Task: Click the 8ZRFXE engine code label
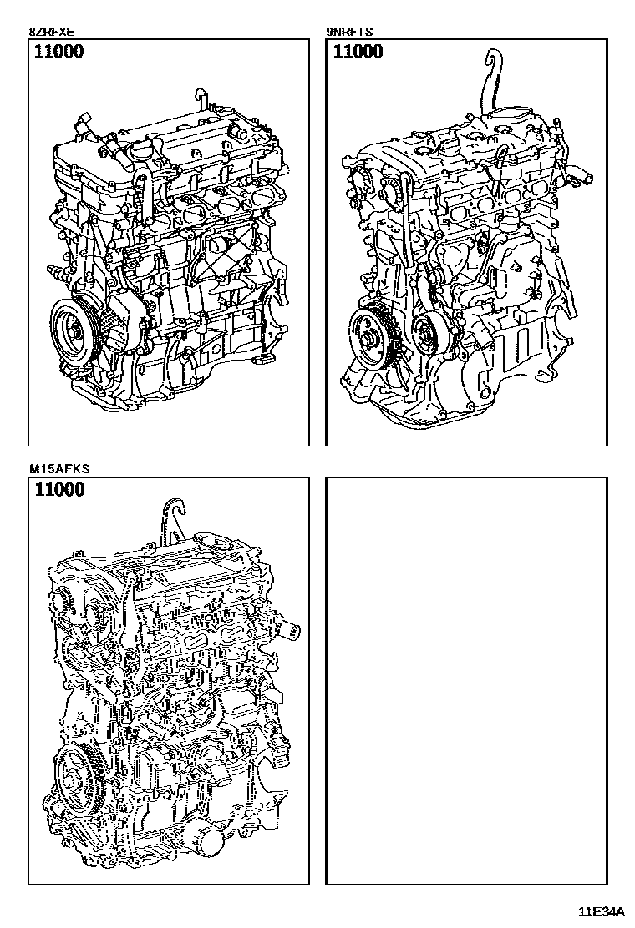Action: (52, 32)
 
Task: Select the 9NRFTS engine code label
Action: (349, 32)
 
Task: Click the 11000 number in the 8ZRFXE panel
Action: (58, 52)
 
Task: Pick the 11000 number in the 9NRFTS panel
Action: (358, 52)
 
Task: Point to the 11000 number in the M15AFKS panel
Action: (59, 490)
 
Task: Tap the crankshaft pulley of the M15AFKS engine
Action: (77, 774)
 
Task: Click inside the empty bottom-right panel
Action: (466, 681)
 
